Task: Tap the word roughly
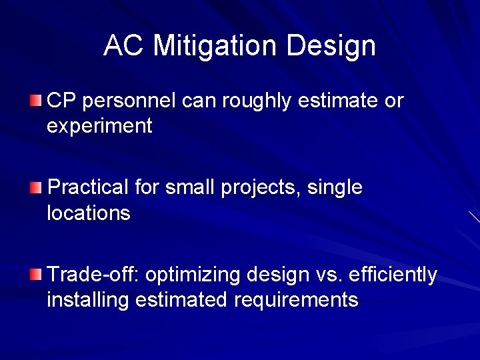[259, 101]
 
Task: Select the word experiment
[99, 126]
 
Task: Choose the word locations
[89, 213]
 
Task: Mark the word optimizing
[194, 275]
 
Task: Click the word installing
[88, 300]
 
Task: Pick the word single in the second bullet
[337, 188]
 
